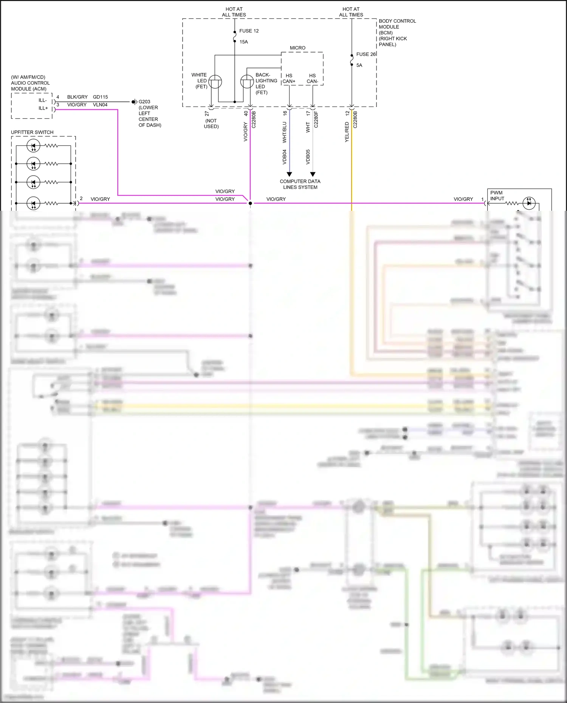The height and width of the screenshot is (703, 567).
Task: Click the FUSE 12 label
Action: point(249,31)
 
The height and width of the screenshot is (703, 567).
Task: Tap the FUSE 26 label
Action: point(366,54)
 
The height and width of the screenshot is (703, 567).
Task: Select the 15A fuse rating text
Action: point(244,42)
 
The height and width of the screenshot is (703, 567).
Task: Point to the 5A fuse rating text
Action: point(359,65)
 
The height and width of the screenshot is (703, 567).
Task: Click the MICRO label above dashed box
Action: point(297,48)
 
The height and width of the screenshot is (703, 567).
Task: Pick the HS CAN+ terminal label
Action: point(289,79)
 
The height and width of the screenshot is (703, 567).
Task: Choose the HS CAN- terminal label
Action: point(312,79)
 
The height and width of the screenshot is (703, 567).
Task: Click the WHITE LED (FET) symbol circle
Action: point(215,82)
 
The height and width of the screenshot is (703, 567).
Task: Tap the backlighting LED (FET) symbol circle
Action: point(247,82)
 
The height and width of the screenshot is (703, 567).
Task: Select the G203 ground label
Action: point(144,102)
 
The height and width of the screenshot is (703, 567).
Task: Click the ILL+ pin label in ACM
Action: point(43,108)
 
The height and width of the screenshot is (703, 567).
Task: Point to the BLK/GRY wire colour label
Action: point(77,97)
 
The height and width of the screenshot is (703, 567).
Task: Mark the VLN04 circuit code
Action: point(100,105)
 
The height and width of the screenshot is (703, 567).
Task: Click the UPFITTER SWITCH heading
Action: point(32,132)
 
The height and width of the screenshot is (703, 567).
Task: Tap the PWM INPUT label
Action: point(497,196)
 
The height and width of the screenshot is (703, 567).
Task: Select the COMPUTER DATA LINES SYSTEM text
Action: point(300,184)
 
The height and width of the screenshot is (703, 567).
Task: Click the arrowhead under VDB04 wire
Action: point(289,174)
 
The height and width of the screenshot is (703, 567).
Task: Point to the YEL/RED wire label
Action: point(347,132)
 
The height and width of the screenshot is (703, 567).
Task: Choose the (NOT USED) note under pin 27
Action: point(211,124)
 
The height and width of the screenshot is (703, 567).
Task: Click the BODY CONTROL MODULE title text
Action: point(397,24)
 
